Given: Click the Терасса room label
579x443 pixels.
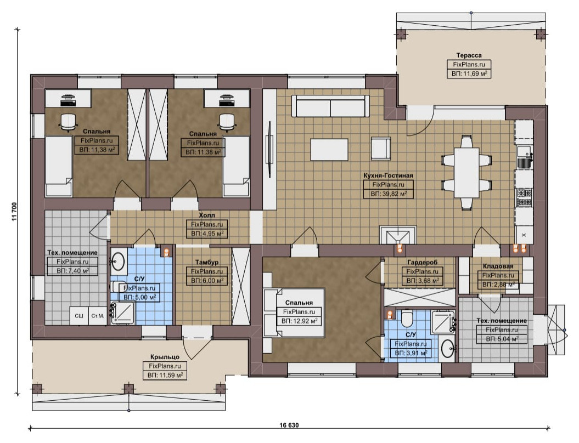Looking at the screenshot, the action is coord(469,55).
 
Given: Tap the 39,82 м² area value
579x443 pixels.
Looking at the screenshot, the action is coord(393,194).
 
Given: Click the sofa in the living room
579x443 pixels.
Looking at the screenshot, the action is coord(330,106).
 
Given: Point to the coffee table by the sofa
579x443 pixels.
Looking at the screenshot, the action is coord(329,149).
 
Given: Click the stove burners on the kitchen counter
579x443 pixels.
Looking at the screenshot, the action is coord(524,197).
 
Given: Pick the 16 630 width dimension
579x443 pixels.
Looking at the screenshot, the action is coord(289,425).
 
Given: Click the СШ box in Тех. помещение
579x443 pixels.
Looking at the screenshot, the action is coord(79,316).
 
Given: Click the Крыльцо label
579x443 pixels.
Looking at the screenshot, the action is coord(165,357).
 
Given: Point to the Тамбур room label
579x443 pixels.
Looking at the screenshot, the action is coord(207,262).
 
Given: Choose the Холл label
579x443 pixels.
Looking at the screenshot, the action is coord(207,215).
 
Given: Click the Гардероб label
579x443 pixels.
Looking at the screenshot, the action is coord(423,262).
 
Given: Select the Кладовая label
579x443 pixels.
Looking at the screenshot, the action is coord(498,266).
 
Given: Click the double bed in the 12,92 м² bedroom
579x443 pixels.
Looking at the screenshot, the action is coord(294,313).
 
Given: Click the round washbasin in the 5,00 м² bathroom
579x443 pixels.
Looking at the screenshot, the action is coord(118,261).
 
